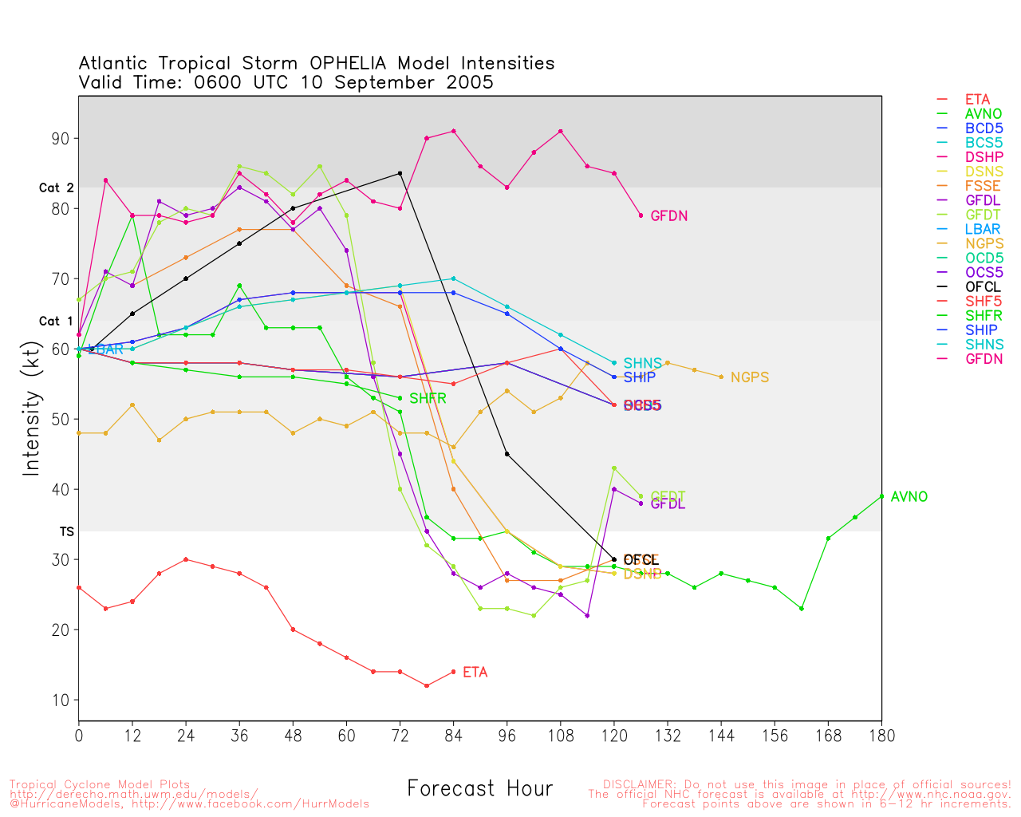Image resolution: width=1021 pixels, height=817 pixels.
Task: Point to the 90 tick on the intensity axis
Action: coord(60,139)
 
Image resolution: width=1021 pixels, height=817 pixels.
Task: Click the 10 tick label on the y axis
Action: coord(60,701)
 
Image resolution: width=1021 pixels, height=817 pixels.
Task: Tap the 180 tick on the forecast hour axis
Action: coord(881,736)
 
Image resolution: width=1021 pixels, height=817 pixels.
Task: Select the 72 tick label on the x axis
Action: coord(400,736)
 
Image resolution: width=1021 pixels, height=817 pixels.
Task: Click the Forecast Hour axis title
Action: coord(479,789)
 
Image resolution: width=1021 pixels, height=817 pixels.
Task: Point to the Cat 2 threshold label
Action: coord(56,188)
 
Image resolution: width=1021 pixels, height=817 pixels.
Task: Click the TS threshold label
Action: coord(66,531)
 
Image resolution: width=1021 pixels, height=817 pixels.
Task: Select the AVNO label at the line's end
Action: coord(909,497)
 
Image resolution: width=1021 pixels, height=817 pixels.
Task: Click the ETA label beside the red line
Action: coord(475,673)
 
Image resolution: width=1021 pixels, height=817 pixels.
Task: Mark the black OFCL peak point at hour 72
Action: coord(400,173)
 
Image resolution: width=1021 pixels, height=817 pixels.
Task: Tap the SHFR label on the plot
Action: coord(428,398)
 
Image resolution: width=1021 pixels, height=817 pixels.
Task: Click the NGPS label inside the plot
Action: coord(750,377)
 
